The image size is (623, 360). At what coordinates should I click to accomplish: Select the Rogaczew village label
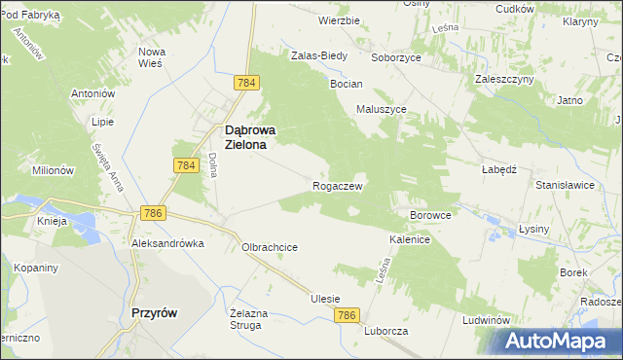click(x=338, y=185)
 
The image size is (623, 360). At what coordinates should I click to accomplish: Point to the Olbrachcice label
click(x=270, y=247)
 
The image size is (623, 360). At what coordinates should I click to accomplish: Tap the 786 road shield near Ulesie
click(x=348, y=315)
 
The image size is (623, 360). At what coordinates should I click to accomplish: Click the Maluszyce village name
click(x=382, y=109)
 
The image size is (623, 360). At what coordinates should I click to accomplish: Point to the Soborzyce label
click(x=394, y=56)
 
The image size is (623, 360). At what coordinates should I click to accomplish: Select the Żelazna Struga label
click(x=246, y=318)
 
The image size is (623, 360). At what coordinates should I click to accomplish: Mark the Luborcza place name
click(x=386, y=331)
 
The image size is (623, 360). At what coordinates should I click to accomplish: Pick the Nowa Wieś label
click(x=152, y=56)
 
